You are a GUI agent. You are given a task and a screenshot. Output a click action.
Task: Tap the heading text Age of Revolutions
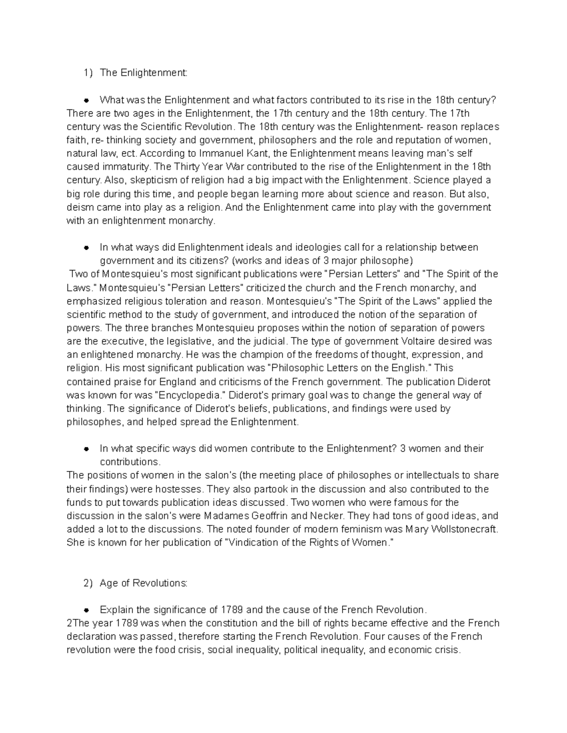click(143, 583)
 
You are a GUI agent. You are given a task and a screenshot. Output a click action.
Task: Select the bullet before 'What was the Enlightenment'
click(86, 100)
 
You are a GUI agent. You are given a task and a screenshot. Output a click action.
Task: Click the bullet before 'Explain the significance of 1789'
click(86, 610)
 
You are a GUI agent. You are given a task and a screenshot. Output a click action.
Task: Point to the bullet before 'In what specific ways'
click(86, 448)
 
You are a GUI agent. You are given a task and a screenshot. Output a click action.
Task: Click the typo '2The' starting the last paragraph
click(77, 623)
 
